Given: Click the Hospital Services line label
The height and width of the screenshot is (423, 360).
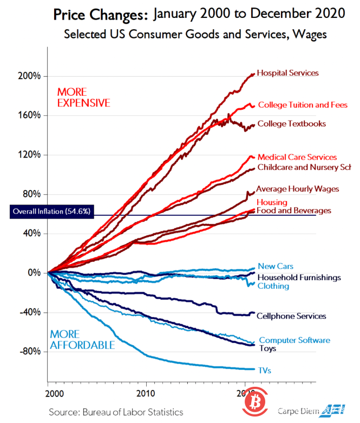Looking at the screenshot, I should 287,72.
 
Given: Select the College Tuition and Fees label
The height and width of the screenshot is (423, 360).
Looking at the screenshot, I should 302,105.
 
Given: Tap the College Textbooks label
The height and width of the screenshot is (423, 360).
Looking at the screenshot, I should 291,124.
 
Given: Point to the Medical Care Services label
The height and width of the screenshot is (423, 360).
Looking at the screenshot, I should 297,157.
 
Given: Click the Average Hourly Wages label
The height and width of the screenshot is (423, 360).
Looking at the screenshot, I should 297,189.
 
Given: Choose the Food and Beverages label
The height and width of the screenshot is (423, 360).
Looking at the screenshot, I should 293,210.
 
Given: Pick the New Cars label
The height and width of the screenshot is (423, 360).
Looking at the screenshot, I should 275,266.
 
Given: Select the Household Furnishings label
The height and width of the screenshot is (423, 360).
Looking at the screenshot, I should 299,277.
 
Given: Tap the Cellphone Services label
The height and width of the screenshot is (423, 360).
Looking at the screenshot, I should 291,316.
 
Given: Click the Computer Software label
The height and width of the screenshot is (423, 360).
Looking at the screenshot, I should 294,340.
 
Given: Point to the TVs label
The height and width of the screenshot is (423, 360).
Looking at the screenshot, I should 265,371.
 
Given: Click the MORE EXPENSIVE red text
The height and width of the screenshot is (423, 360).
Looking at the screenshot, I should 83,97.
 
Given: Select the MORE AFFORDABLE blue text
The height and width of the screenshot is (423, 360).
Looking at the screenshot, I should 82,340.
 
